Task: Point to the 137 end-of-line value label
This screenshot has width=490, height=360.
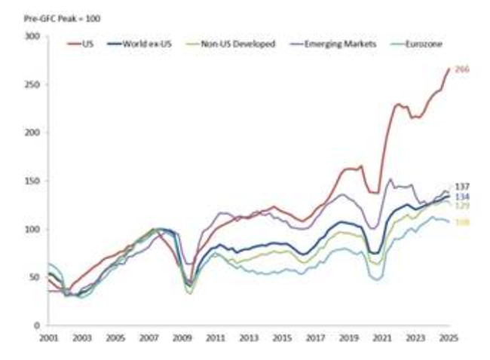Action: (463, 187)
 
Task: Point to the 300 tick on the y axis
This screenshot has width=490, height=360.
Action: (32, 36)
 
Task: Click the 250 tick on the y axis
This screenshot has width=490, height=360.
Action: (32, 84)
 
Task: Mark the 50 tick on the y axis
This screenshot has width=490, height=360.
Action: (34, 277)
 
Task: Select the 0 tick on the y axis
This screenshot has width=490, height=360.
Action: (36, 325)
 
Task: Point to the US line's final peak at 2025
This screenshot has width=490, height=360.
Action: (449, 69)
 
